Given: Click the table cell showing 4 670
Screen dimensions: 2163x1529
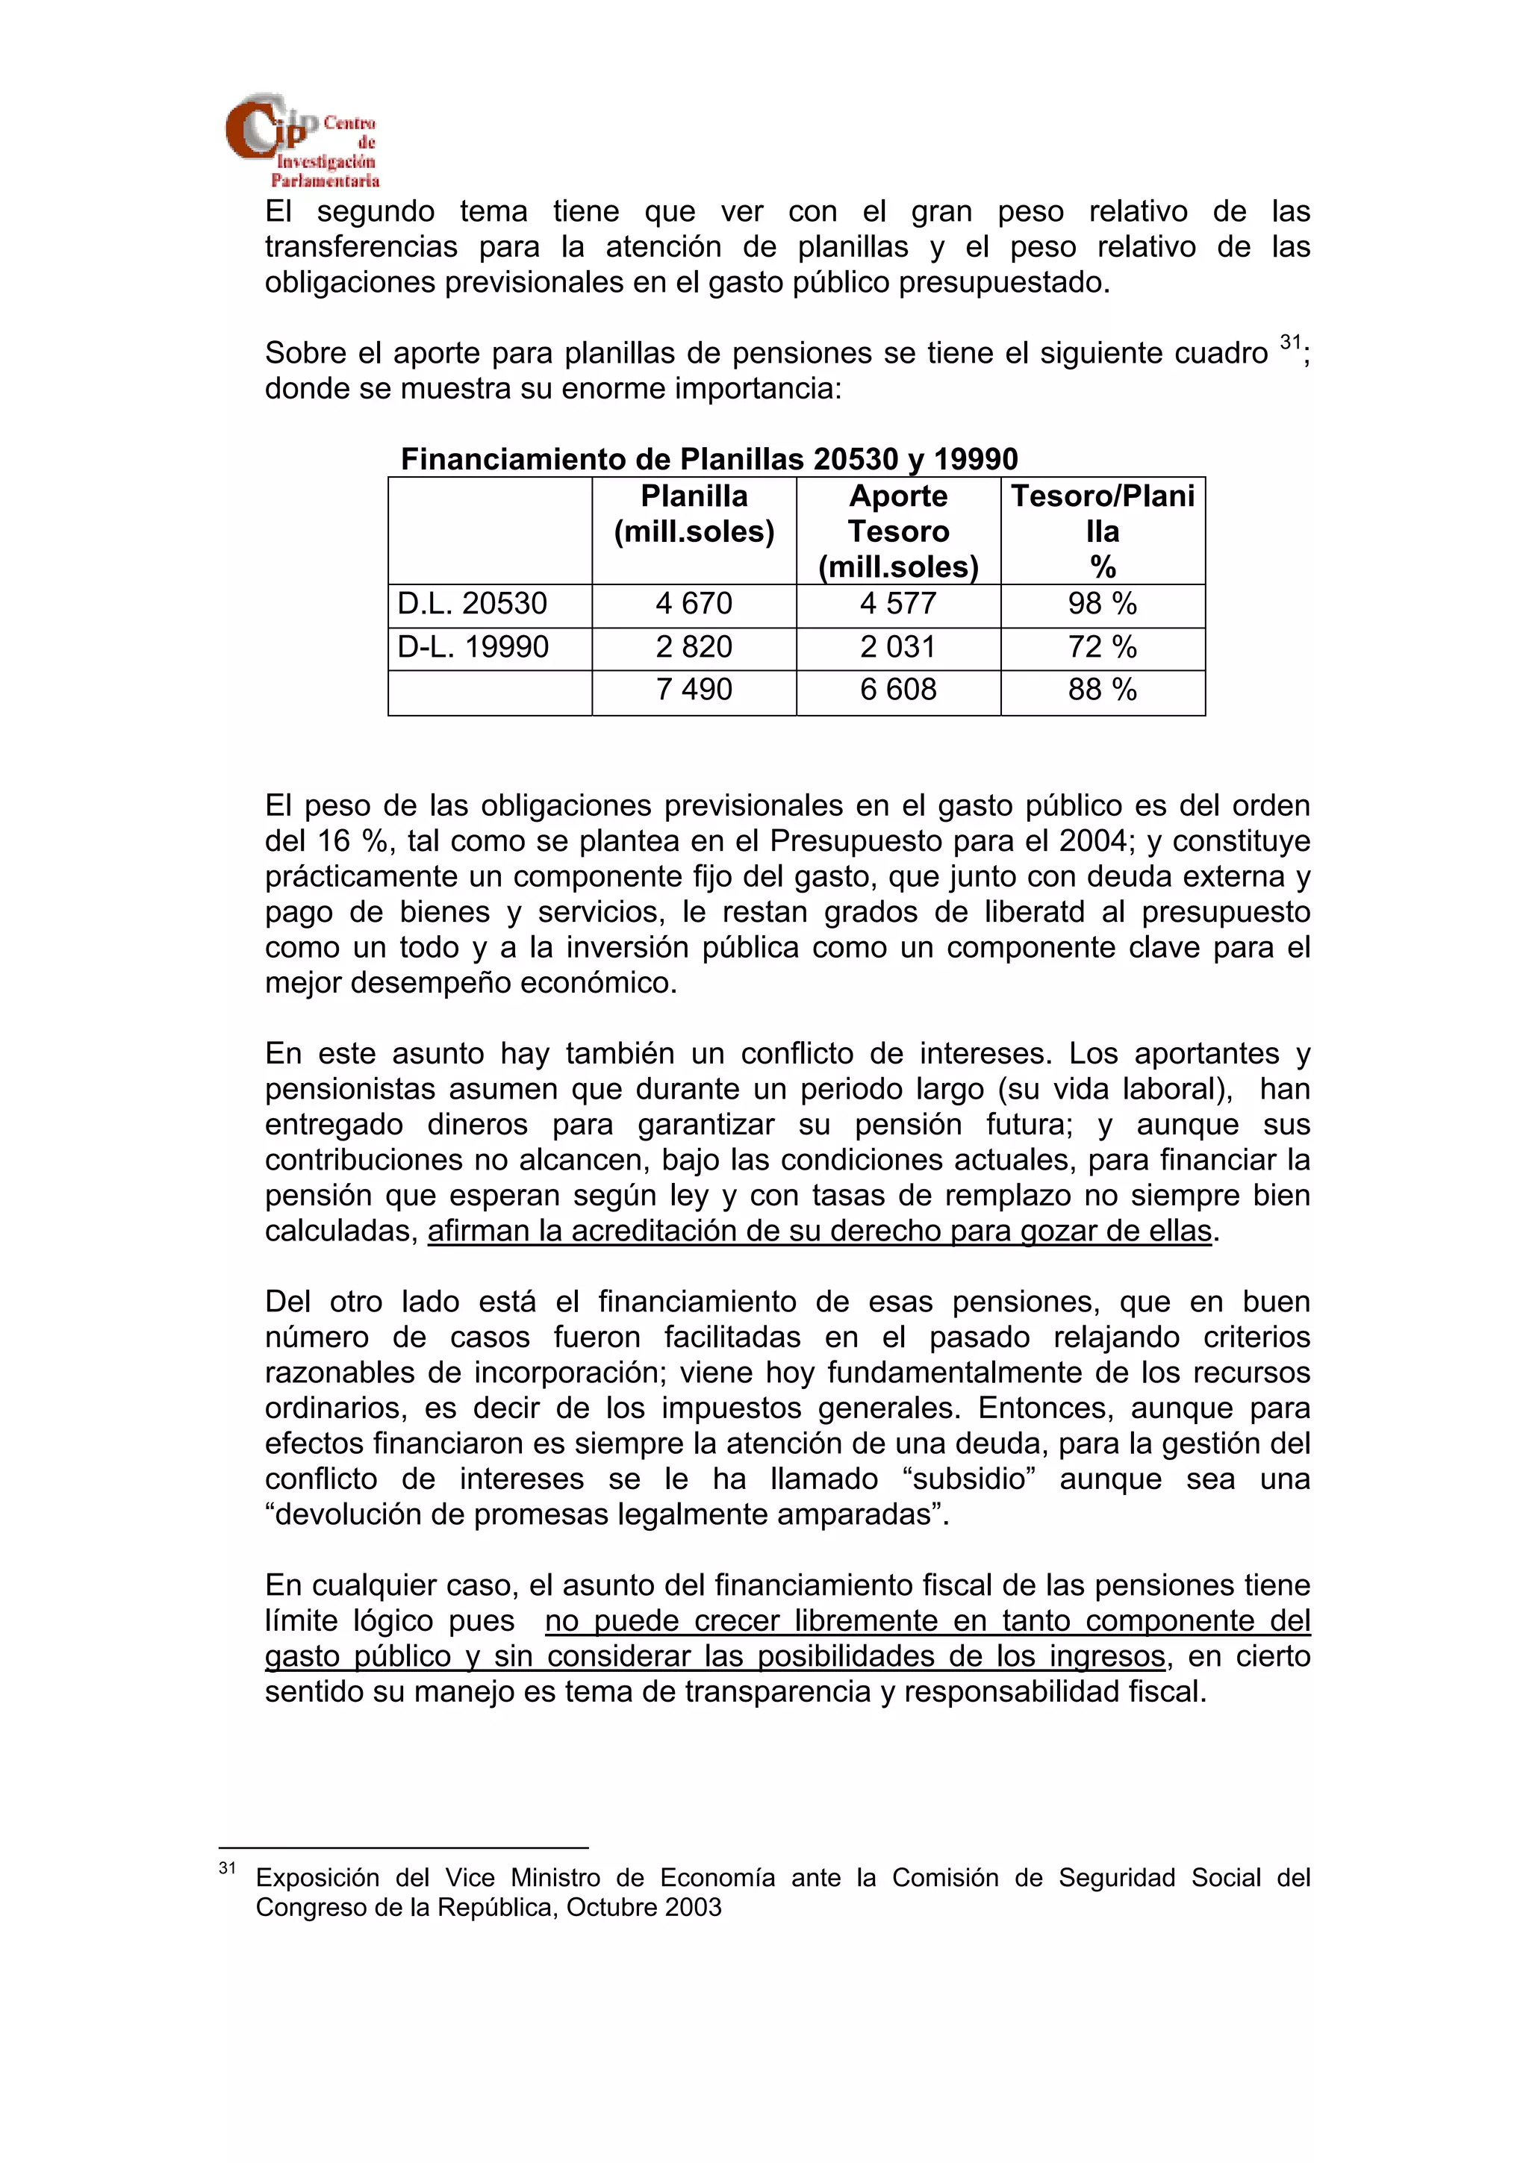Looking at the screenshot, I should click(694, 604).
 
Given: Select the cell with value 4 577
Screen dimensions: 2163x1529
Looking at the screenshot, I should click(898, 604).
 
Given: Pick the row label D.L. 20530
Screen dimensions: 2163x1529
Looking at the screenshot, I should click(472, 604).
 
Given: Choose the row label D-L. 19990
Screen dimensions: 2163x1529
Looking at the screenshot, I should click(473, 647).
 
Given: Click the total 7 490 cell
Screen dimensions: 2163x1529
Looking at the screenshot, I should click(694, 690).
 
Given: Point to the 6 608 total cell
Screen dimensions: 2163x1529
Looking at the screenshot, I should click(898, 690).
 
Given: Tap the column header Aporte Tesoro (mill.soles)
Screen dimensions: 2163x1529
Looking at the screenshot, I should click(898, 531).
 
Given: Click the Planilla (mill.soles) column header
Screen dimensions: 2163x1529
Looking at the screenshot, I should click(694, 514).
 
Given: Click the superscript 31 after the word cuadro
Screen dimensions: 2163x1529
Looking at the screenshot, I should click(1289, 342).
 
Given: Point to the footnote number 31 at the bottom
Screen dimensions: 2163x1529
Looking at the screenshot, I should click(227, 1867).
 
